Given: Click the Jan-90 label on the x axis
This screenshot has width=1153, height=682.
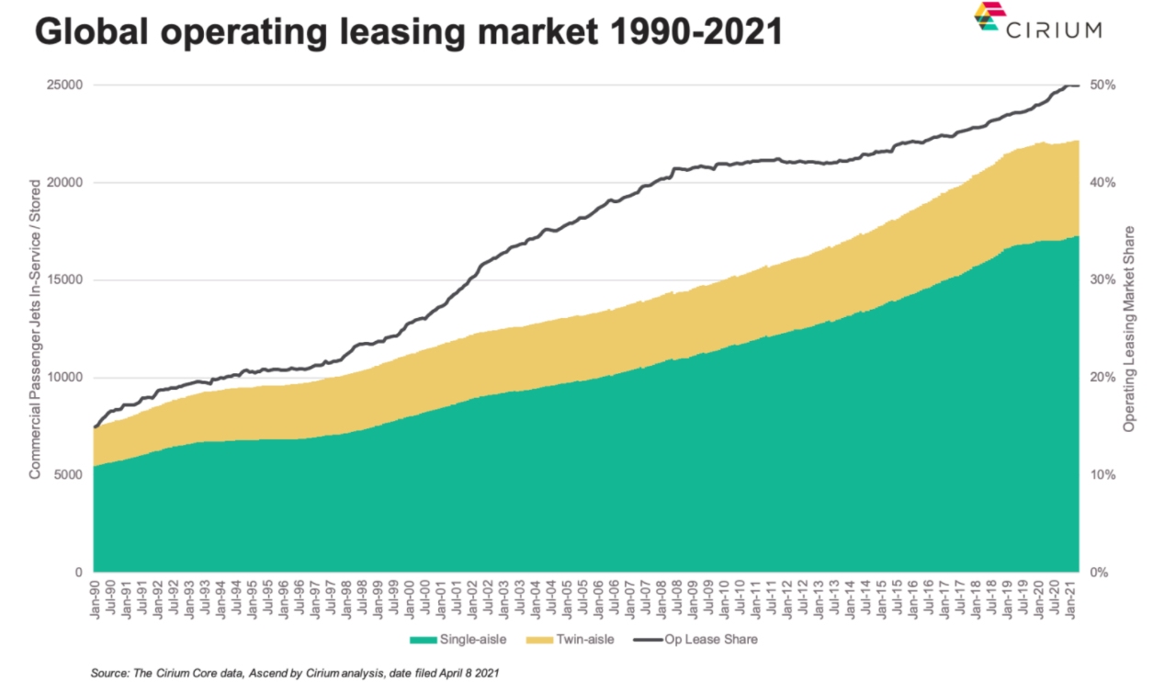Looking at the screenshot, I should [x=96, y=598].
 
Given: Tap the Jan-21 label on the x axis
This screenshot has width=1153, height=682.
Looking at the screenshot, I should [x=1071, y=598].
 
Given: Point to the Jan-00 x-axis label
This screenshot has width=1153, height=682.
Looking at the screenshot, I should [x=411, y=598].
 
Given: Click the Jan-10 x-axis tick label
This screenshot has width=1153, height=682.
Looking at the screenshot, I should [x=725, y=598].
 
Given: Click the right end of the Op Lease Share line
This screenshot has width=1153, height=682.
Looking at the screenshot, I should [x=1078, y=85].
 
